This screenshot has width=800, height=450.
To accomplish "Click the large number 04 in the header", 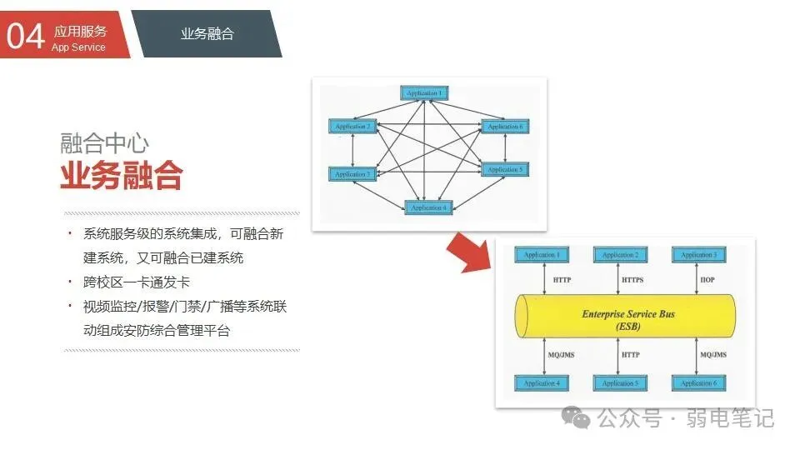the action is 24,36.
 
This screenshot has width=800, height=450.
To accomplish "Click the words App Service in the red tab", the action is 78,47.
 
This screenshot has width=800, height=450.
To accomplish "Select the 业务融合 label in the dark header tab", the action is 207,33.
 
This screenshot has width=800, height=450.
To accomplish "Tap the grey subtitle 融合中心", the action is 105,142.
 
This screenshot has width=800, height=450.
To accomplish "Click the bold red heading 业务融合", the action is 121,176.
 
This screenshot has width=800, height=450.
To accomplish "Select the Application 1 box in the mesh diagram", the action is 425,93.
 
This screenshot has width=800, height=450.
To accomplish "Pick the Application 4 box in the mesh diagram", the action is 428,207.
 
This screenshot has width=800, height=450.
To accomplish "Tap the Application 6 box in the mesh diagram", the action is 505,127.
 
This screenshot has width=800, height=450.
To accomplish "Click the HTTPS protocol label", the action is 633,280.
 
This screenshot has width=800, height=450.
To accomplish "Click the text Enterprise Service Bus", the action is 627,314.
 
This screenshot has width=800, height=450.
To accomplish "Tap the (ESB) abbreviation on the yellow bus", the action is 627,327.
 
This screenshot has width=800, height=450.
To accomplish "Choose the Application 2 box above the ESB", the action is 619,254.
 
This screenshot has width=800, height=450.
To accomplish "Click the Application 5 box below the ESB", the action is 619,383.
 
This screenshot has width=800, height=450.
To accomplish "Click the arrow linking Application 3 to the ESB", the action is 697,278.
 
